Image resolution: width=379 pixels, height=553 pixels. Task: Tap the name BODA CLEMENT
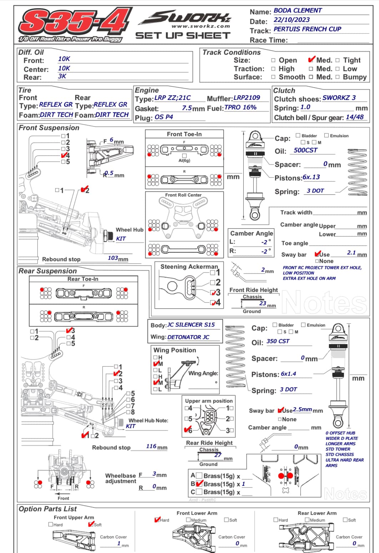[x=298, y=11]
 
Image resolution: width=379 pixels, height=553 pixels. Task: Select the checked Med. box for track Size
[x=311, y=60]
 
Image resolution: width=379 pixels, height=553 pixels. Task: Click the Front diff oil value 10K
[x=64, y=59]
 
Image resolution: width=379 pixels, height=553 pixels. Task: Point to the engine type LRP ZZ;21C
[x=172, y=98]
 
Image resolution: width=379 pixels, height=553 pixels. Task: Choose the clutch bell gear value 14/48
[x=355, y=117]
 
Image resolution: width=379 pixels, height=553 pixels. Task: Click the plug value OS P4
[x=164, y=117]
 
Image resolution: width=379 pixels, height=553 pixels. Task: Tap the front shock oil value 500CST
[x=305, y=150]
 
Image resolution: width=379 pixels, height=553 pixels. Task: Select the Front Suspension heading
[x=49, y=128]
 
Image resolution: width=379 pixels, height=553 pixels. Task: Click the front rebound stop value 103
[x=113, y=258]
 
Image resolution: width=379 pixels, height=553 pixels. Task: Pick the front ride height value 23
[x=263, y=303]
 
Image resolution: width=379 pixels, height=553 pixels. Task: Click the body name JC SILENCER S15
[x=191, y=325]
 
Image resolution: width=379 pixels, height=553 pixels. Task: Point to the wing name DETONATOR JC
[x=188, y=337]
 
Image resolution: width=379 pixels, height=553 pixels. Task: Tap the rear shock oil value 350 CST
[x=278, y=341]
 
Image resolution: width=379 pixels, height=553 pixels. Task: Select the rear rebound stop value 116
[x=151, y=446]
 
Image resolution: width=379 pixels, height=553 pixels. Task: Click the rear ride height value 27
[x=218, y=455]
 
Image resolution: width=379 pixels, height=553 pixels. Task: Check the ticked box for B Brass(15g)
[x=199, y=484]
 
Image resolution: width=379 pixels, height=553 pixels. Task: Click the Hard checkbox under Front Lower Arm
[x=157, y=520]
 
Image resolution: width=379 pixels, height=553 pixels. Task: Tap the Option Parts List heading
[x=48, y=509]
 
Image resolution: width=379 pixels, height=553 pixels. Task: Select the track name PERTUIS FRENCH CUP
[x=307, y=29]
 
